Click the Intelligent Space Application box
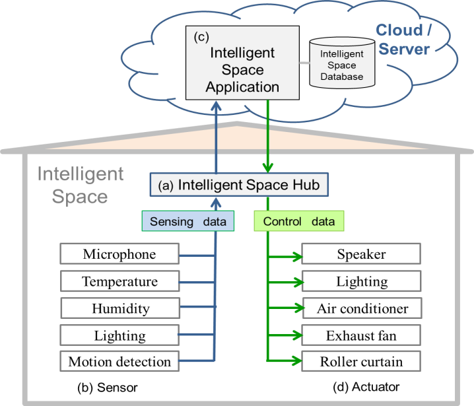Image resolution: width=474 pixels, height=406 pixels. [242, 63]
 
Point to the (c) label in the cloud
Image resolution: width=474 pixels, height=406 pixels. [201, 37]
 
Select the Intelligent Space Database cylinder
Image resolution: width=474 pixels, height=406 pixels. [342, 63]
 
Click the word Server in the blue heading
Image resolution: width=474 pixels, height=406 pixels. [404, 49]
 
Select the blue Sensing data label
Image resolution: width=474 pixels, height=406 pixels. [188, 221]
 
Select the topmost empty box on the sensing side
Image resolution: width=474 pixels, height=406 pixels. [119, 254]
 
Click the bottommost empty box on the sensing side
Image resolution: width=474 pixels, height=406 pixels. [119, 360]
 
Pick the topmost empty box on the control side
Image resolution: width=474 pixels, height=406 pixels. [361, 254]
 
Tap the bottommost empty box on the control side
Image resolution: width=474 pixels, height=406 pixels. [361, 360]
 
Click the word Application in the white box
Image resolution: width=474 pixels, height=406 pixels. [242, 86]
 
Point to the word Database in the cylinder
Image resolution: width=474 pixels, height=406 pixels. [342, 77]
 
